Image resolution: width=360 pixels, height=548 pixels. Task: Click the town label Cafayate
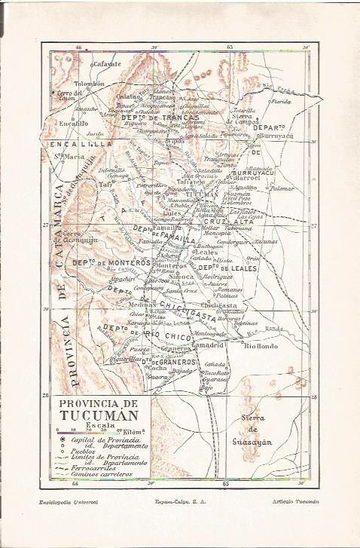(x=107, y=64)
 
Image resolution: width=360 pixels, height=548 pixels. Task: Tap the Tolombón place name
(x=89, y=84)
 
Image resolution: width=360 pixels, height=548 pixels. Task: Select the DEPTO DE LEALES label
(x=224, y=268)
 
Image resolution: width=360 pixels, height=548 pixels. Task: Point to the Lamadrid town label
(x=208, y=344)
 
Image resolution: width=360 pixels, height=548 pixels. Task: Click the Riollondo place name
(x=262, y=346)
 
